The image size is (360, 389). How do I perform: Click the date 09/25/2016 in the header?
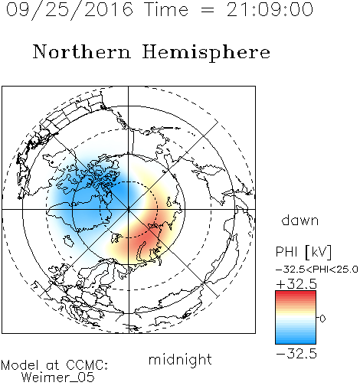[x=70, y=10]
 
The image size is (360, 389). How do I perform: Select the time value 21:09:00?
[x=270, y=10]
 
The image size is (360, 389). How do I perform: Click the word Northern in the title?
[x=82, y=51]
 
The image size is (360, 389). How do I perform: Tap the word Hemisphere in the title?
[x=206, y=52]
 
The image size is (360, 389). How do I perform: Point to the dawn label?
[x=300, y=221]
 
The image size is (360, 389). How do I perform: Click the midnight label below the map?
[x=180, y=359]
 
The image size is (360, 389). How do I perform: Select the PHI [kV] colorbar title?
[x=303, y=252]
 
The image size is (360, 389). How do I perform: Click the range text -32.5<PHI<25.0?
[x=317, y=270]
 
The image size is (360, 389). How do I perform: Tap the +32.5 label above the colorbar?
[x=296, y=284]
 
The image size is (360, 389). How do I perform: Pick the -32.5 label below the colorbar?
[x=296, y=354]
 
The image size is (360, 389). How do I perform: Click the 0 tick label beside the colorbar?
[x=322, y=319]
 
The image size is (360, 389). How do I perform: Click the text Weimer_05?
[x=58, y=378]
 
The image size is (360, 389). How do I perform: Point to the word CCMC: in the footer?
[x=87, y=365]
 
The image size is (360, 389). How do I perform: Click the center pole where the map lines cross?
[x=128, y=209]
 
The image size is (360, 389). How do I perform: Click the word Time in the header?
[x=166, y=10]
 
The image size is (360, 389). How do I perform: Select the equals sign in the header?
[x=207, y=10]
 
